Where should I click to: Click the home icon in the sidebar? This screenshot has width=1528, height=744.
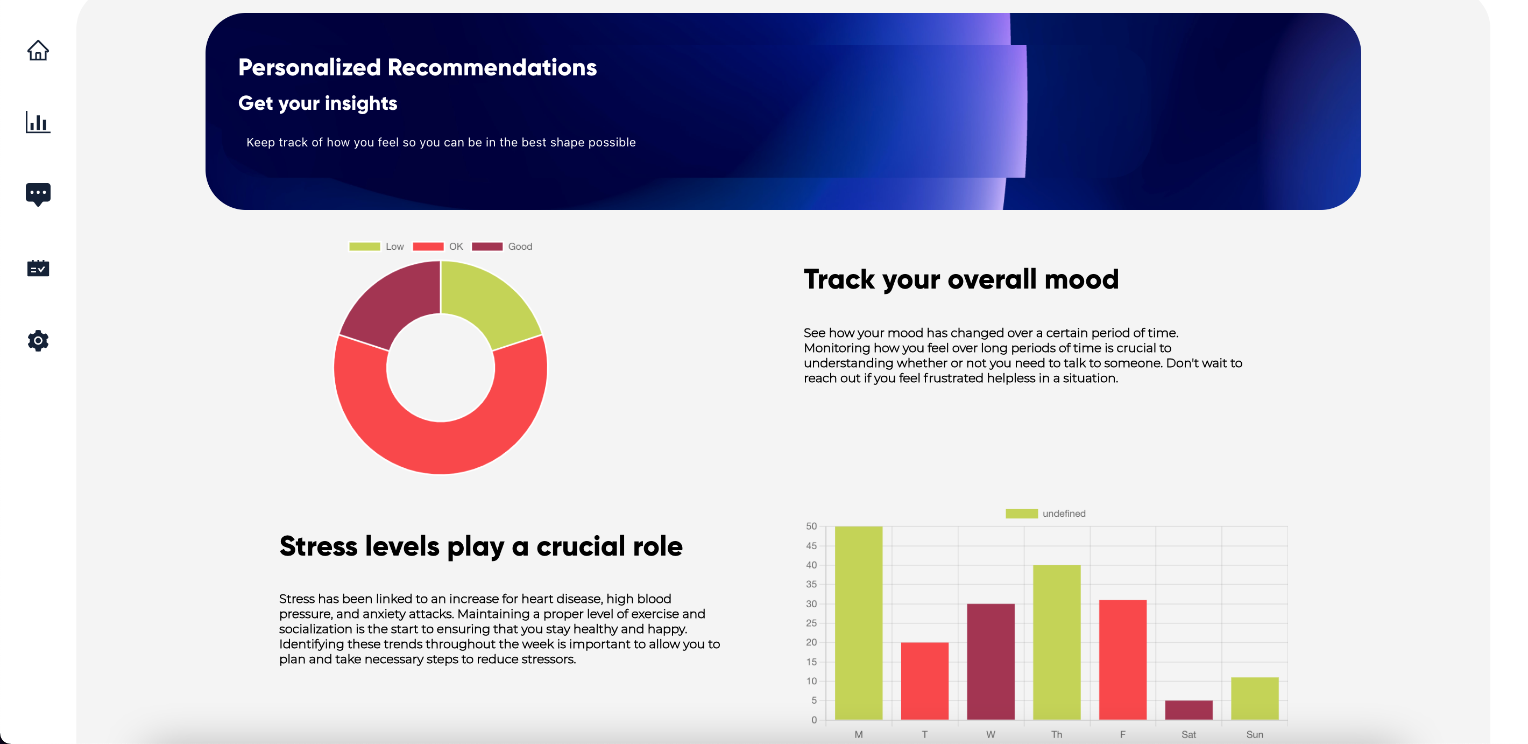[x=38, y=51]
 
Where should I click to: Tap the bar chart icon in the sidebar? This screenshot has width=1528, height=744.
[x=38, y=122]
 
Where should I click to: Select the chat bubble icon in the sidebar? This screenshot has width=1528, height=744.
[x=38, y=194]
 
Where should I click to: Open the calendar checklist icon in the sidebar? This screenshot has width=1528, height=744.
[x=38, y=268]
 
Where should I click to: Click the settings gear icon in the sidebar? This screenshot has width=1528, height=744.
[x=38, y=341]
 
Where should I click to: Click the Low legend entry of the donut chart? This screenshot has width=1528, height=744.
[x=376, y=246]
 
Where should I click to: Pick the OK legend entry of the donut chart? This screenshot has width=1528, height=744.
[x=438, y=246]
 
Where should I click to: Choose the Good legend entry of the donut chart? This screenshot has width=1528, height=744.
[x=502, y=246]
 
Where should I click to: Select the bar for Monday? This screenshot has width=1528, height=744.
[x=858, y=623]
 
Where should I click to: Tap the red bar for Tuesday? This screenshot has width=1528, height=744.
[x=924, y=681]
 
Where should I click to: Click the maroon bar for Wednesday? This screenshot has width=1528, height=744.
[x=991, y=662]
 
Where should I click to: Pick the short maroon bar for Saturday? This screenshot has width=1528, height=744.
[x=1189, y=710]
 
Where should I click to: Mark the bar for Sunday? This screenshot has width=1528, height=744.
[x=1255, y=698]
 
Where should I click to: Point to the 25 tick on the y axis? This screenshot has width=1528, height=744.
[x=811, y=623]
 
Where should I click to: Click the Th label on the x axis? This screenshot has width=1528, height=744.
[x=1057, y=734]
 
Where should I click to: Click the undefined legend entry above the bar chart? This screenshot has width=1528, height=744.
[x=1045, y=513]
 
